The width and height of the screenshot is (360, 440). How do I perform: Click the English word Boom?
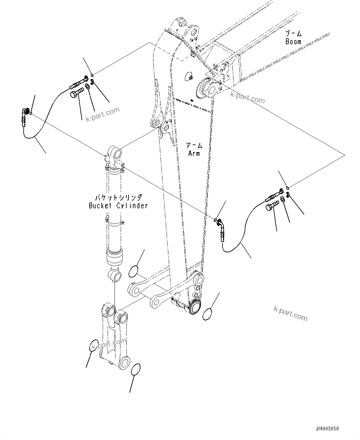pos(293,41)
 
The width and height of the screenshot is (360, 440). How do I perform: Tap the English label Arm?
pos(194,153)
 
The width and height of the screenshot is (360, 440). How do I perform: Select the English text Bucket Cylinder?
pos(118,206)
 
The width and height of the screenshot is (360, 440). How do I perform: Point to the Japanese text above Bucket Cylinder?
pos(118,197)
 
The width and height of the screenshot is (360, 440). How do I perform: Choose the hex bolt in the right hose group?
pos(272,206)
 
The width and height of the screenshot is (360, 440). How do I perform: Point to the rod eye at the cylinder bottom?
pos(115,275)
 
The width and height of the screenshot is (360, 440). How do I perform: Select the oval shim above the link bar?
pos(134,271)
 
